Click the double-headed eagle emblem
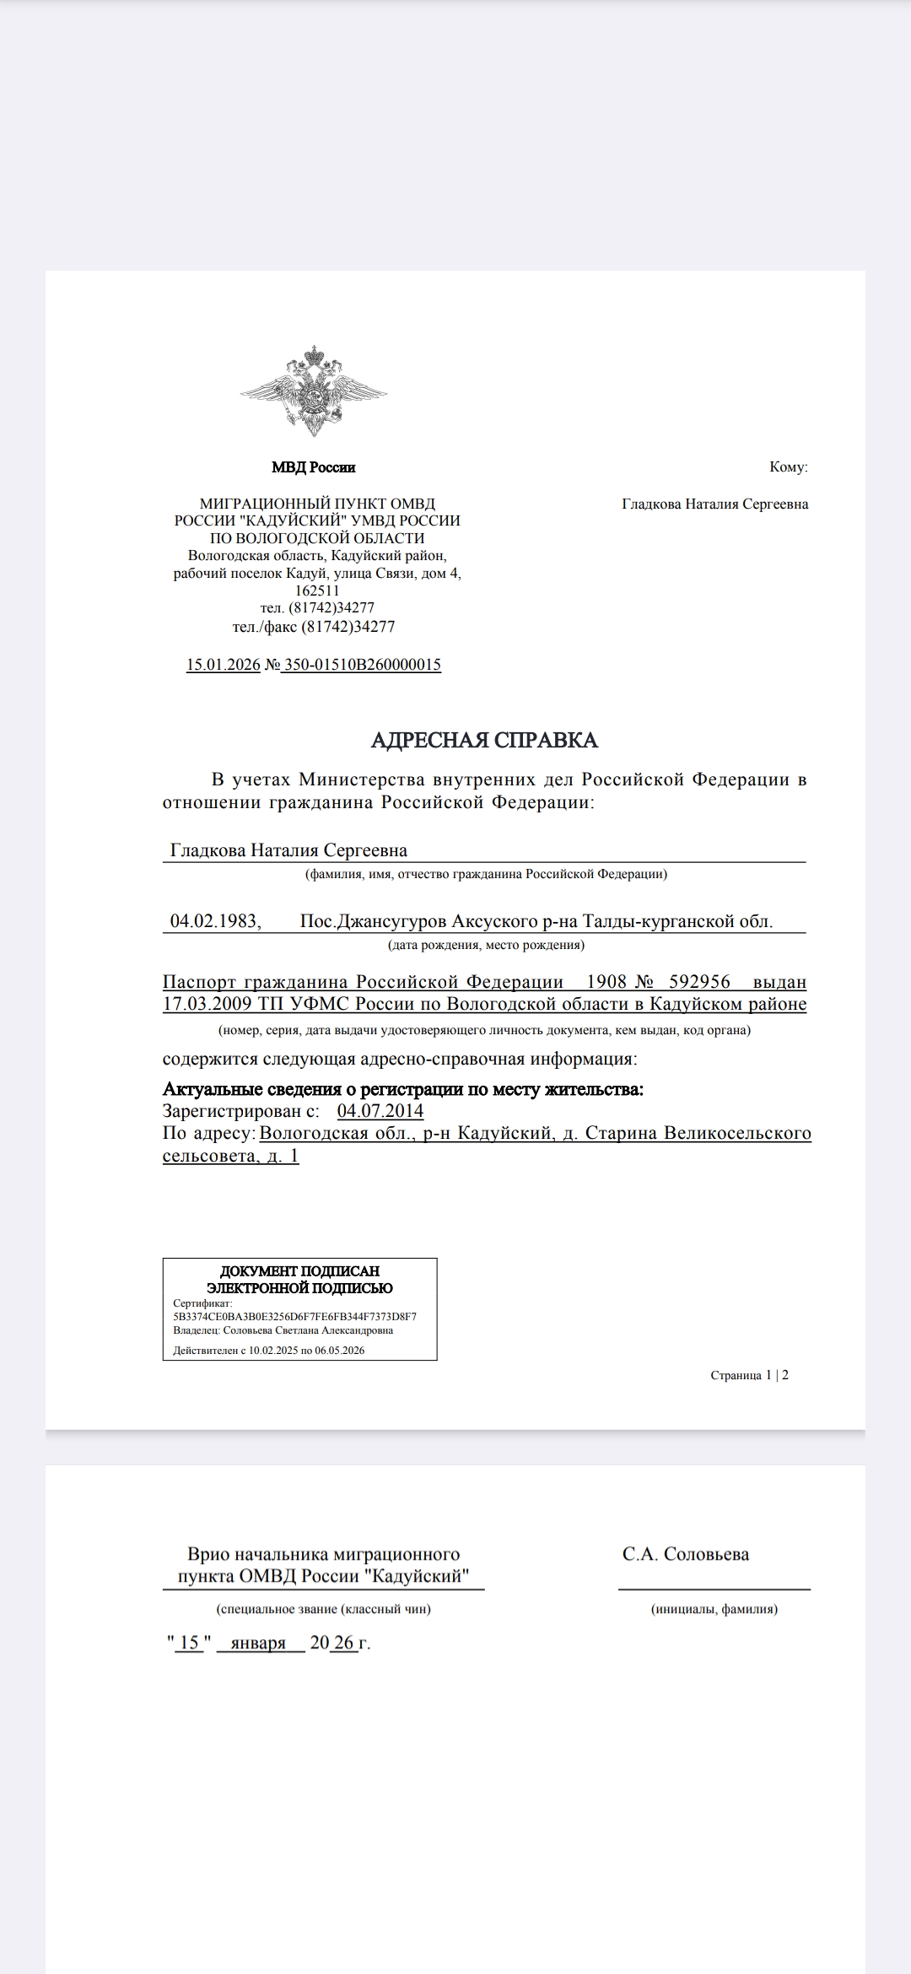tap(314, 390)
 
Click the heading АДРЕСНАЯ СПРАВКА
tap(484, 740)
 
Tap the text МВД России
tap(314, 467)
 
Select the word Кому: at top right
tap(788, 467)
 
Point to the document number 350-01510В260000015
tap(362, 665)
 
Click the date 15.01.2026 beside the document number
tap(223, 665)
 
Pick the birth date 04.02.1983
tap(215, 920)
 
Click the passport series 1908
tap(606, 982)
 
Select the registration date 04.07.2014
tap(380, 1111)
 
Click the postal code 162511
tap(317, 591)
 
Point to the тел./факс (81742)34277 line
tap(314, 627)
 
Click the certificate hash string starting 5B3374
tap(294, 1316)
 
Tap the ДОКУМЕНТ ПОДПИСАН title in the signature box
tap(299, 1271)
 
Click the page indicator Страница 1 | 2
tap(749, 1375)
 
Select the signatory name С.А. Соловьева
tap(685, 1554)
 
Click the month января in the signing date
tap(258, 1642)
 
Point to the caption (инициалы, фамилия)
tap(714, 1609)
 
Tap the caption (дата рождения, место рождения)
tap(486, 945)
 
